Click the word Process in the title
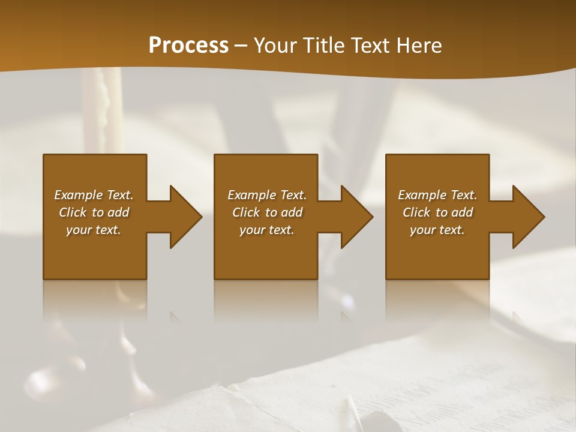click(188, 46)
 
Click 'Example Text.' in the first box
click(94, 195)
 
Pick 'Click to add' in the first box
click(94, 212)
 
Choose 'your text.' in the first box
click(94, 230)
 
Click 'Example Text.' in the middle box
click(266, 195)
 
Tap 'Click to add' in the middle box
click(267, 212)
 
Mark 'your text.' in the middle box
click(266, 230)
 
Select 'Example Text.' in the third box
click(437, 195)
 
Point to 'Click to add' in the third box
click(437, 212)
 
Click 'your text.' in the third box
click(437, 230)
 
